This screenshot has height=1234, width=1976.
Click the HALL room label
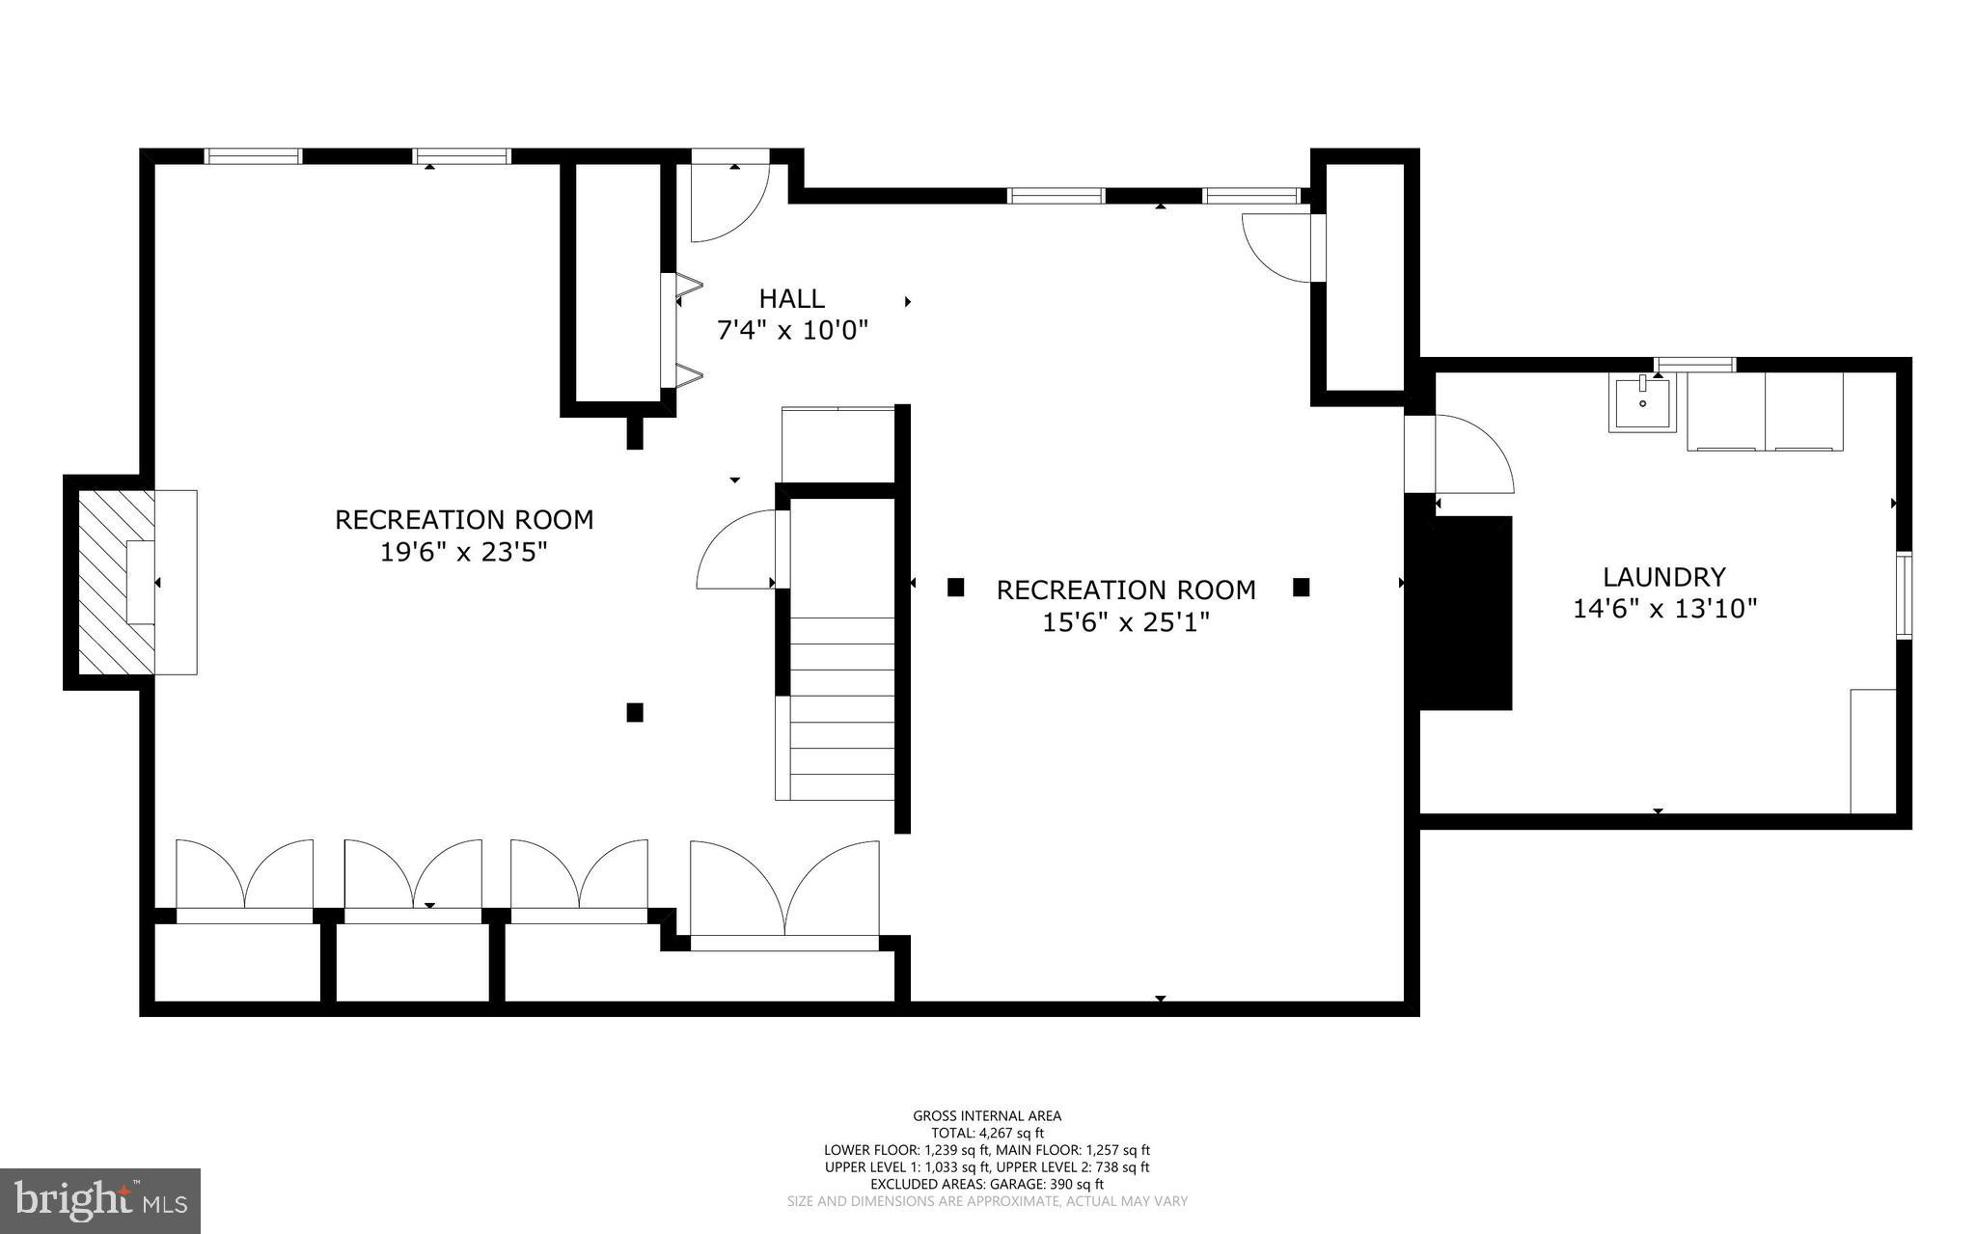791,298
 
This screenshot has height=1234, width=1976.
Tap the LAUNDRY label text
1663,577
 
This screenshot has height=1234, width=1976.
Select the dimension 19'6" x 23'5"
464,553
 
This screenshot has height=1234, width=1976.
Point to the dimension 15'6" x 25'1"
1125,622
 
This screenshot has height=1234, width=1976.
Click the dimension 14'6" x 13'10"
1664,609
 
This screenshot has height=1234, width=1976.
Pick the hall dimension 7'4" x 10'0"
792,331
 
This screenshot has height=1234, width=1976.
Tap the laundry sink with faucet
1642,404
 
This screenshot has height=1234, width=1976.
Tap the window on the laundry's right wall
1904,595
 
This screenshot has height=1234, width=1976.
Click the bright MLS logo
100,1200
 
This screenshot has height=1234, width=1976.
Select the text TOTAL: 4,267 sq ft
987,1133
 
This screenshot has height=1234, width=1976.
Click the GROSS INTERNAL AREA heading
987,1116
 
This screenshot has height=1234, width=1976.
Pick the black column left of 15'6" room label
955,587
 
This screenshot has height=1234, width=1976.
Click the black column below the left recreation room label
635,712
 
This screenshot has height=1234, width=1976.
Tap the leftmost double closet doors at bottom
244,875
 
